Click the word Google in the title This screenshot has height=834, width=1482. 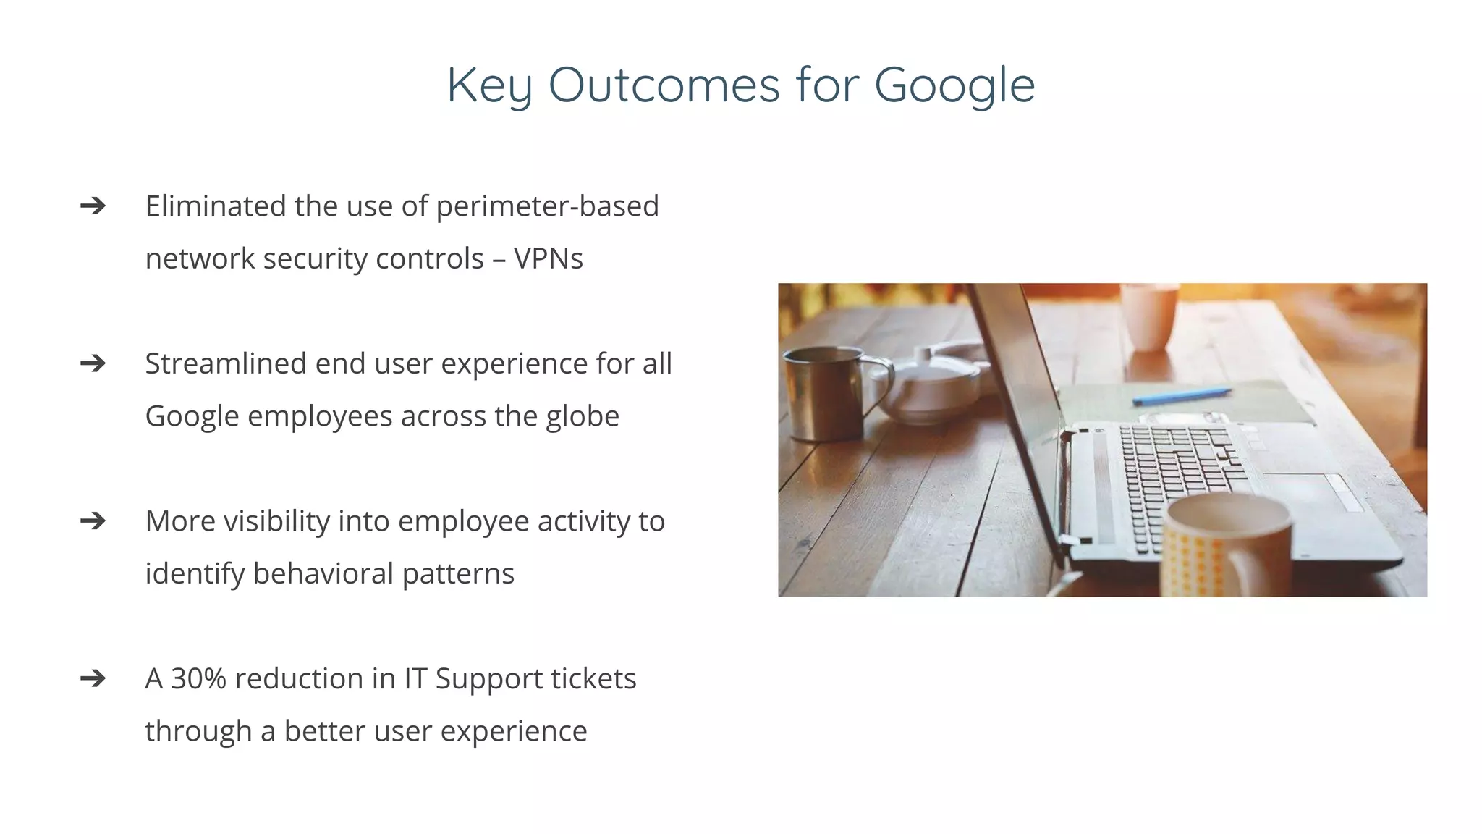point(954,85)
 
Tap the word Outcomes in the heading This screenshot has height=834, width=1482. point(664,85)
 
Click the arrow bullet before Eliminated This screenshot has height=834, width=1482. point(93,206)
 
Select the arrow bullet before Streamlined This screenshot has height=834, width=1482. point(93,363)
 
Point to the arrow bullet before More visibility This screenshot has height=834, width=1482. point(93,521)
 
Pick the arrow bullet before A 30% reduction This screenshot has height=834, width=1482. point(93,678)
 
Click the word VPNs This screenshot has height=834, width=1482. point(548,258)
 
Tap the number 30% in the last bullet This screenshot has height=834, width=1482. point(198,678)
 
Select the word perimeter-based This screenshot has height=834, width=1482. point(547,206)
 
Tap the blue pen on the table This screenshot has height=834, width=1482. point(1181,395)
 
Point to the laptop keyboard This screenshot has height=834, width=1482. point(1180,478)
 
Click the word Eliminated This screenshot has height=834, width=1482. point(216,206)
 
